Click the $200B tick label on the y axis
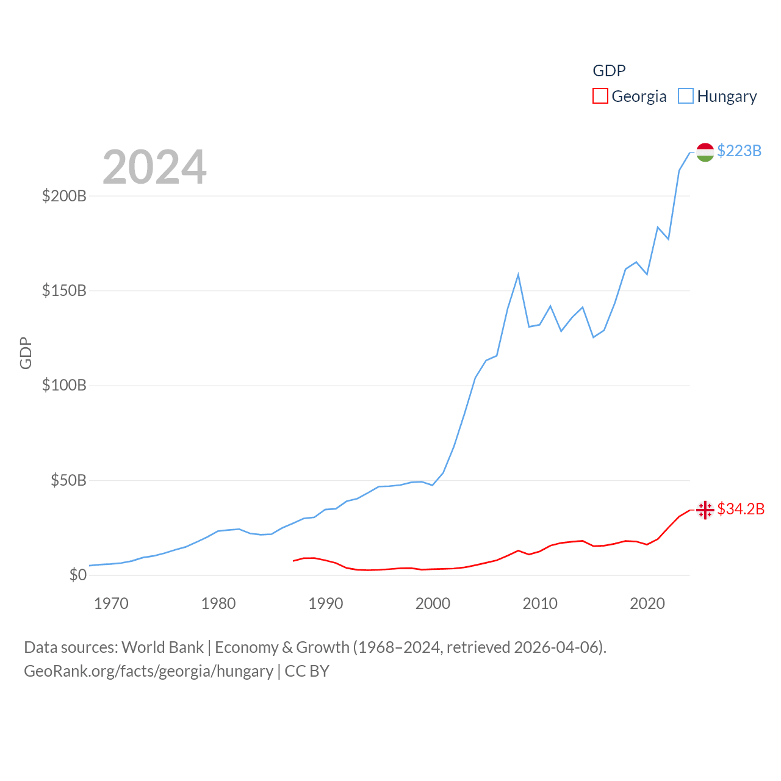pyautogui.click(x=64, y=196)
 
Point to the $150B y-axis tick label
pyautogui.click(x=64, y=290)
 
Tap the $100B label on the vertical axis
pyautogui.click(x=64, y=385)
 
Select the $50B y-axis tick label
pyautogui.click(x=68, y=480)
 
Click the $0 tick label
pyautogui.click(x=77, y=575)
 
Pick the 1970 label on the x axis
pyautogui.click(x=111, y=603)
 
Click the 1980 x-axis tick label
pyautogui.click(x=218, y=603)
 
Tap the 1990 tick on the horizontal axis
pyautogui.click(x=326, y=603)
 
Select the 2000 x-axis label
pyautogui.click(x=433, y=603)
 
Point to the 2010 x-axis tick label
pyautogui.click(x=540, y=603)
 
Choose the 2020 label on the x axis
pyautogui.click(x=647, y=603)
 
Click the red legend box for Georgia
pyautogui.click(x=600, y=96)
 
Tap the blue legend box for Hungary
pyautogui.click(x=686, y=96)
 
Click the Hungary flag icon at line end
pyautogui.click(x=705, y=152)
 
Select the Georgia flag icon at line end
pyautogui.click(x=705, y=509)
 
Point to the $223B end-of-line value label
pyautogui.click(x=739, y=151)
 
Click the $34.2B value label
pyautogui.click(x=741, y=509)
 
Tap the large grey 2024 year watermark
pyautogui.click(x=154, y=167)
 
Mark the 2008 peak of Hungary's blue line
pyautogui.click(x=518, y=275)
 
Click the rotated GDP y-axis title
pyautogui.click(x=26, y=353)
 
